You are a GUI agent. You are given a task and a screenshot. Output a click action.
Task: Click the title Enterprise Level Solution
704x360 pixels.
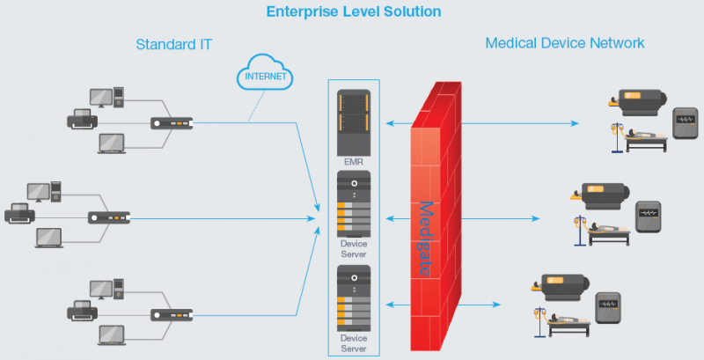tap(353, 12)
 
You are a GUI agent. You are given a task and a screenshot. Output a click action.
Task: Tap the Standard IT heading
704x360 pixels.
tap(174, 43)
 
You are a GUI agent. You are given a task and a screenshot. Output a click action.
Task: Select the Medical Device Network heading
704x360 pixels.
tap(565, 43)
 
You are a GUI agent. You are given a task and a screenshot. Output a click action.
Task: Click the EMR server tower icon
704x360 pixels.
tap(354, 122)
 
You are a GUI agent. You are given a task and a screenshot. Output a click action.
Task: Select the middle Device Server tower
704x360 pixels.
tap(354, 203)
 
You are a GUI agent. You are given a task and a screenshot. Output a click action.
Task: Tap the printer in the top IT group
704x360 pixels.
tap(83, 118)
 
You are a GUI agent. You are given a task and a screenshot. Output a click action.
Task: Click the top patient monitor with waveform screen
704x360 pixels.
tap(686, 122)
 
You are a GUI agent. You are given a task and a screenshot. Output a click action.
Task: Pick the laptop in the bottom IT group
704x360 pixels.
tap(112, 334)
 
